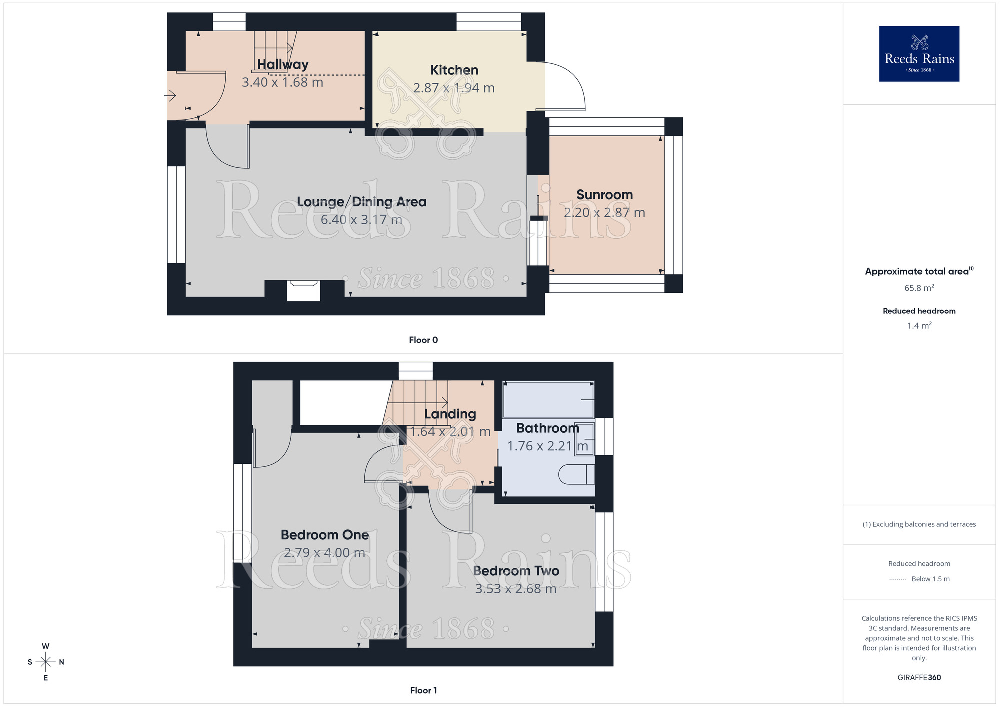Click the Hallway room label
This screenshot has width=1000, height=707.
click(283, 64)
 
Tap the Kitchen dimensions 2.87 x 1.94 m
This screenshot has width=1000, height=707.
click(454, 88)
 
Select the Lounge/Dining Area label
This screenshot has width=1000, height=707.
click(361, 202)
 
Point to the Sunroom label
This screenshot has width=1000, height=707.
click(604, 195)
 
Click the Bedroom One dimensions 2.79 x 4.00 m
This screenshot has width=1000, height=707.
click(324, 553)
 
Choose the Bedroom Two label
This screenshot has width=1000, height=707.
click(516, 571)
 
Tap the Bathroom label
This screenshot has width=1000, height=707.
click(547, 428)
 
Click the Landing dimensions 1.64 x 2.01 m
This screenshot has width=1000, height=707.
click(450, 432)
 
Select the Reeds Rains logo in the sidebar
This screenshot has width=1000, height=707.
click(919, 54)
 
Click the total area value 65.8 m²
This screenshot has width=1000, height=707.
click(919, 288)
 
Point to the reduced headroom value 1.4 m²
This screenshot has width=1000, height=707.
click(919, 326)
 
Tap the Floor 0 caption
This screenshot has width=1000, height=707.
click(423, 340)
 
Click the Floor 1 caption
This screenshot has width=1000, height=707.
click(423, 690)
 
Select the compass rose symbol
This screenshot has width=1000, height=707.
click(46, 662)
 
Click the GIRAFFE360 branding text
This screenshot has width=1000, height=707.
click(919, 678)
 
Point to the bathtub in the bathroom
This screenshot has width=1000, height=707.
click(548, 399)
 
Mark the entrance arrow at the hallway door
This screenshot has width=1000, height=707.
click(170, 95)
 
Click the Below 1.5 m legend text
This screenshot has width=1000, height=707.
click(930, 579)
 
